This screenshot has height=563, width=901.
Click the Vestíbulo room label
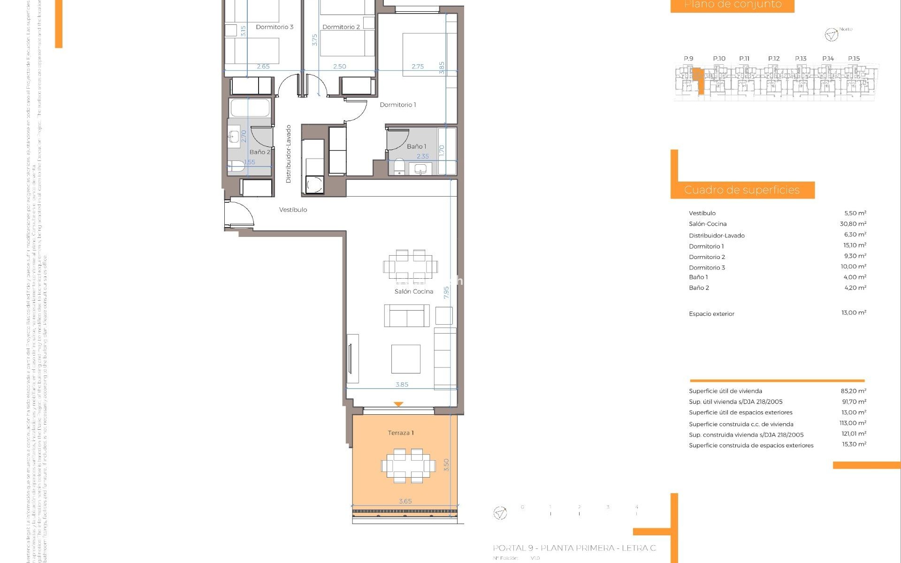click(x=293, y=210)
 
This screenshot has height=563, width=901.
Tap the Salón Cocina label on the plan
click(x=413, y=291)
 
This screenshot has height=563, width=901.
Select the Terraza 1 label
click(x=400, y=433)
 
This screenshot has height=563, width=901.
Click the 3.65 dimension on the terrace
click(x=405, y=501)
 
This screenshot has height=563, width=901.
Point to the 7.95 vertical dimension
click(x=446, y=292)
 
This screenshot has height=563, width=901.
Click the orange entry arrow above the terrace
click(x=398, y=404)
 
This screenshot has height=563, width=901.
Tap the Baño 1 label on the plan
click(x=416, y=146)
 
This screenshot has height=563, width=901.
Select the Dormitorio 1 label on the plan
click(x=397, y=105)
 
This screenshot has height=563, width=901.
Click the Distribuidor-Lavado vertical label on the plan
click(x=289, y=154)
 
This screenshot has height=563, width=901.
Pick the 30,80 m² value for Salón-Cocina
click(x=853, y=224)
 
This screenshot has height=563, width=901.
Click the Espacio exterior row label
click(x=711, y=314)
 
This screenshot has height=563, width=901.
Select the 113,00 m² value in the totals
click(x=853, y=423)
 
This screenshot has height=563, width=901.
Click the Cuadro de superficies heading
click(x=741, y=190)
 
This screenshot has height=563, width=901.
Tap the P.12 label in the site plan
click(x=773, y=59)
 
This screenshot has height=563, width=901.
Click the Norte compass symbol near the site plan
click(x=831, y=35)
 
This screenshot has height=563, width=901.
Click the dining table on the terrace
click(x=408, y=466)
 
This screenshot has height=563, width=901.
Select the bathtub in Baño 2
click(x=250, y=107)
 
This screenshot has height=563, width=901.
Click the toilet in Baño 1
click(x=399, y=166)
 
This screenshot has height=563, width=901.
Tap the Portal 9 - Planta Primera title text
click(x=574, y=548)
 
